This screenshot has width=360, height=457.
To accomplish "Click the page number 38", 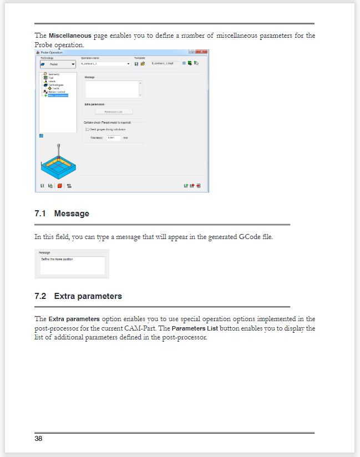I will [38, 439].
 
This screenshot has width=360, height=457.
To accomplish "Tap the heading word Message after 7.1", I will [72, 214].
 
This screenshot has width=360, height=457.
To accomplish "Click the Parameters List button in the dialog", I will [113, 111].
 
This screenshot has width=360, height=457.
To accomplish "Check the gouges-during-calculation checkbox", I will [87, 129].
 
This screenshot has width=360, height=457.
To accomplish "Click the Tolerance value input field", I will [113, 138].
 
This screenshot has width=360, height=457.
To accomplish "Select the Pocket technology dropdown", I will [57, 64].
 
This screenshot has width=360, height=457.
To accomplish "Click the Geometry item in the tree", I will [54, 74].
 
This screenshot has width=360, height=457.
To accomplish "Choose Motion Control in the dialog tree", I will [57, 92].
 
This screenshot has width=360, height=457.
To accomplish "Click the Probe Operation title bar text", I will [52, 52].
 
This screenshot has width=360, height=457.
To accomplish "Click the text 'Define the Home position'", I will [57, 259].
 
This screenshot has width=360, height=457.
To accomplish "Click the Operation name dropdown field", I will [105, 64].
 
